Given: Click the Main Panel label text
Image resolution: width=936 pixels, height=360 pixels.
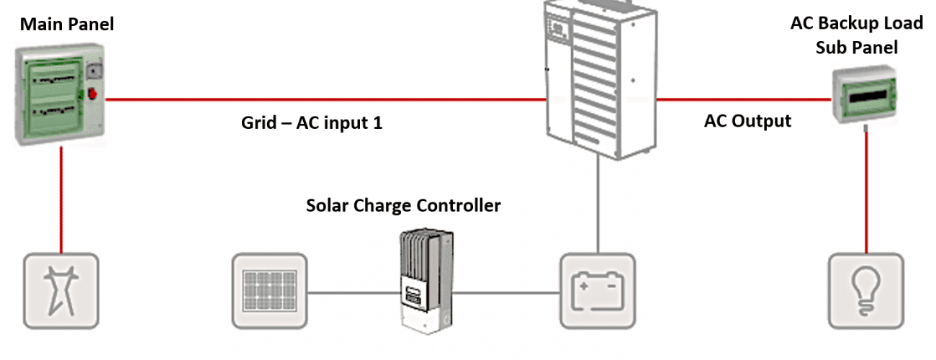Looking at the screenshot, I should (67, 24).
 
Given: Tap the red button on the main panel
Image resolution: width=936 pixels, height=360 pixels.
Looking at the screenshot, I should (92, 94).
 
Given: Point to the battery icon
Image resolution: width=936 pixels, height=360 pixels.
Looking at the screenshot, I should (597, 289).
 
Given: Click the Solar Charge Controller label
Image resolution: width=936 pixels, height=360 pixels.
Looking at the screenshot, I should (403, 206).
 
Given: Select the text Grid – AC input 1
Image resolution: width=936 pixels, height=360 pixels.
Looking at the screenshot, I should (311, 123).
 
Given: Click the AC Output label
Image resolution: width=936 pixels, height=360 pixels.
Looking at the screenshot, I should (747, 121).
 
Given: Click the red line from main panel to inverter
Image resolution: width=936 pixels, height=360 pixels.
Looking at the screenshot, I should (324, 99).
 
